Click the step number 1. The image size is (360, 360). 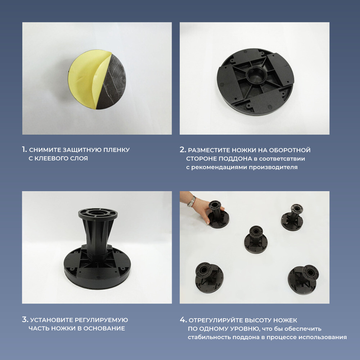point(24,149)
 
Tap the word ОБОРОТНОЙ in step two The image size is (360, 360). point(289,150)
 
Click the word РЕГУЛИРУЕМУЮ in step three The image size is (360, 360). point(101,320)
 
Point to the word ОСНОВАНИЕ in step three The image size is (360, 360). point(104,328)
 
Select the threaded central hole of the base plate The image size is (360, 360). point(255,76)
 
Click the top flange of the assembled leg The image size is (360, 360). point(98,214)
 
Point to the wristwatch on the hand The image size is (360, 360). point(192,202)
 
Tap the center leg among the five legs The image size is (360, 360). point(256,239)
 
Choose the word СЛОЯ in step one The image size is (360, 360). point(80,158)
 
